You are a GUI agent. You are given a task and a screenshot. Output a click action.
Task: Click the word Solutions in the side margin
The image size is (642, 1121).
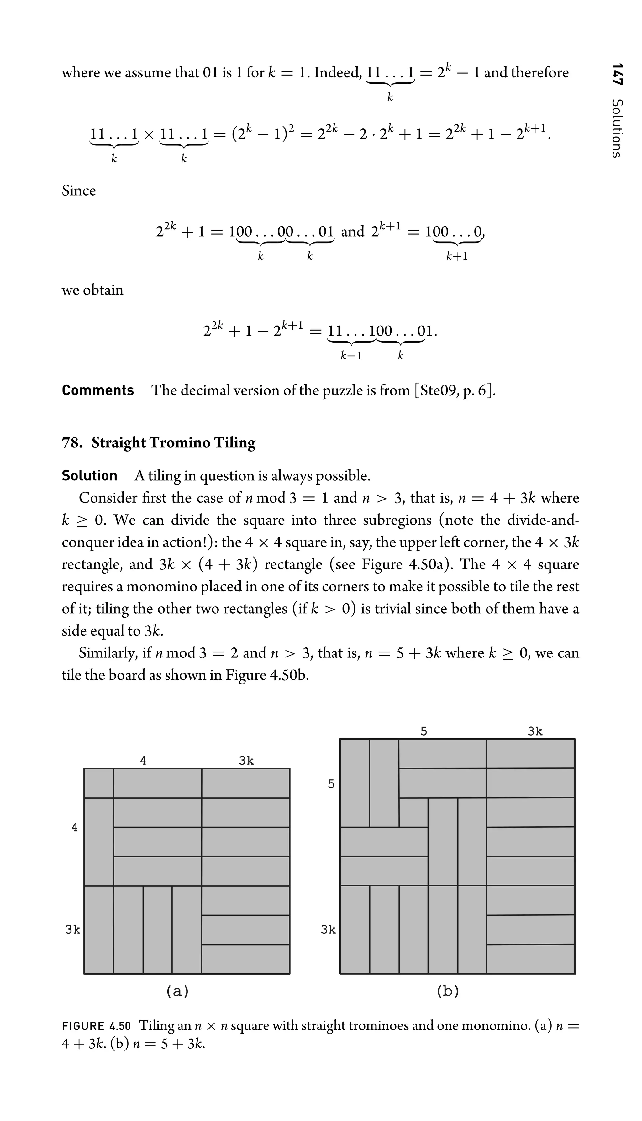coord(617,128)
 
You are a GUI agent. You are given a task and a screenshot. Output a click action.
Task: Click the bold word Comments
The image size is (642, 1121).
coord(97,390)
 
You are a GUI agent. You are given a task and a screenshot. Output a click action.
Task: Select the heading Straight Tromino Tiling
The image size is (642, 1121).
coord(173,443)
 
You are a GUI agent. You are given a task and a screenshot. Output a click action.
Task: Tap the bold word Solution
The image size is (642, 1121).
coord(90,476)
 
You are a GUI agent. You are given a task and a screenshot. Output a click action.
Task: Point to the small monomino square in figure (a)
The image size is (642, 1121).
coord(99,783)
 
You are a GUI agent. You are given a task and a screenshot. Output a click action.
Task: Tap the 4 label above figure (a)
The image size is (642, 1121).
coord(143,760)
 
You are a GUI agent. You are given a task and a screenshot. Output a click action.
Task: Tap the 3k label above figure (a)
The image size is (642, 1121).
coord(246,760)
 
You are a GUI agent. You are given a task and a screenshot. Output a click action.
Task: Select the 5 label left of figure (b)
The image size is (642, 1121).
coord(331,784)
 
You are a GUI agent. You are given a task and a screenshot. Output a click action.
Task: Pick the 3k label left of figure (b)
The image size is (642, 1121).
coord(328,930)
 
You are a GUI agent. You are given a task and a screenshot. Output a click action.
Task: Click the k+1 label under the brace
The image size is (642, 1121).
coord(456,256)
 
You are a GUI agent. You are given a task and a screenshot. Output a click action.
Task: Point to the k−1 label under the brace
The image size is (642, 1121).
coord(351,356)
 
